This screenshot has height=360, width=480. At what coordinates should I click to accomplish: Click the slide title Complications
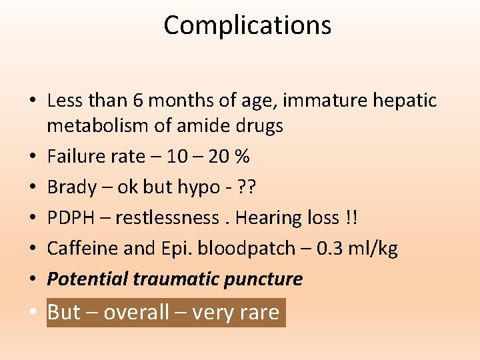pos(247,25)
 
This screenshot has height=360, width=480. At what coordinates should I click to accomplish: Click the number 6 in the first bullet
pos(139,101)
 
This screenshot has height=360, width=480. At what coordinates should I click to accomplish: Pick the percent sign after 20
pos(243,156)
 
